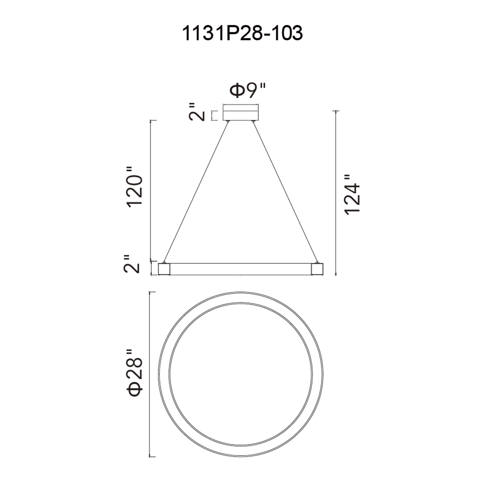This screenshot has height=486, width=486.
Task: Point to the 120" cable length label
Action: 135,187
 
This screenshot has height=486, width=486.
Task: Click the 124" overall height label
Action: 352,194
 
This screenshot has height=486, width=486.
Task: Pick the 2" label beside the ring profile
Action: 131,264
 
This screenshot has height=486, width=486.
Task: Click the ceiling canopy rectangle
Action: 241,113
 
